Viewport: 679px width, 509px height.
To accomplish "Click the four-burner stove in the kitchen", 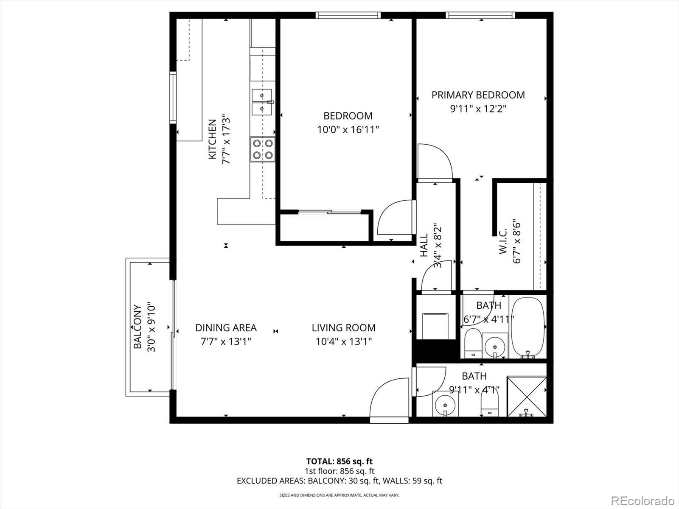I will tap(262, 149).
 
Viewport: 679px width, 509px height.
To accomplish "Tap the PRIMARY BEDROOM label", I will tap(478, 95).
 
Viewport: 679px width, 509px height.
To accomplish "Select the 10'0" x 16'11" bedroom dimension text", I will tap(348, 129).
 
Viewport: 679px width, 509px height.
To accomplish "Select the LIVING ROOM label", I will tap(343, 328).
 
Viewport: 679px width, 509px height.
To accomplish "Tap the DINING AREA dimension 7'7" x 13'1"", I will tap(226, 341).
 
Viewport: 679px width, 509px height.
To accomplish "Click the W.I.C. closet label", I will tap(503, 241).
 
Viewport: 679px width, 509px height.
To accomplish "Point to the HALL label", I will tap(424, 246).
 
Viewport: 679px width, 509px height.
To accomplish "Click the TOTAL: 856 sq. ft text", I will tap(339, 461).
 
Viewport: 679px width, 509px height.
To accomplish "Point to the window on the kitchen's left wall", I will tap(173, 98).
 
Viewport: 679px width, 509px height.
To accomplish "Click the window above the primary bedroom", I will tap(480, 15).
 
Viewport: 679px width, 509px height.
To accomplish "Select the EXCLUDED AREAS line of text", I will tap(339, 481).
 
